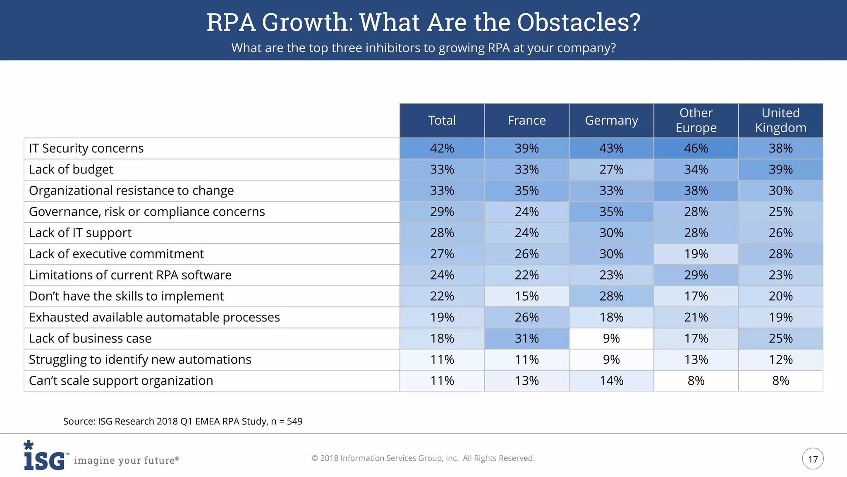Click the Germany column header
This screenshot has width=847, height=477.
(611, 120)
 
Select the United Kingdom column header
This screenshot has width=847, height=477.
(780, 120)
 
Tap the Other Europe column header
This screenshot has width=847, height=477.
(696, 120)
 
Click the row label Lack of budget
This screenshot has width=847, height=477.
(71, 169)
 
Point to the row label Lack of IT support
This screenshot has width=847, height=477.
(80, 233)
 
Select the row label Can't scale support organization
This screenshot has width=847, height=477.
(121, 381)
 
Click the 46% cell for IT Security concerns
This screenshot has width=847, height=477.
(696, 148)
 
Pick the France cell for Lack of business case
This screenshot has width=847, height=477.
(526, 338)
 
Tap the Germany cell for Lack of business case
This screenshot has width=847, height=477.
(611, 338)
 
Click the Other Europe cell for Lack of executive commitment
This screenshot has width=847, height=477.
(696, 254)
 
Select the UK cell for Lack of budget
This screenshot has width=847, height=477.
(780, 169)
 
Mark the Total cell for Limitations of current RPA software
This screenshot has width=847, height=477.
(442, 275)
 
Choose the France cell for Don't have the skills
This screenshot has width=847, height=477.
(526, 296)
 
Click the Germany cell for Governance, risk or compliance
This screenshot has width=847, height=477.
(611, 212)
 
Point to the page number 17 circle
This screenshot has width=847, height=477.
(813, 459)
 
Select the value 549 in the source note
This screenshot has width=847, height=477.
(294, 422)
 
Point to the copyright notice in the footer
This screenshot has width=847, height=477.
(423, 458)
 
